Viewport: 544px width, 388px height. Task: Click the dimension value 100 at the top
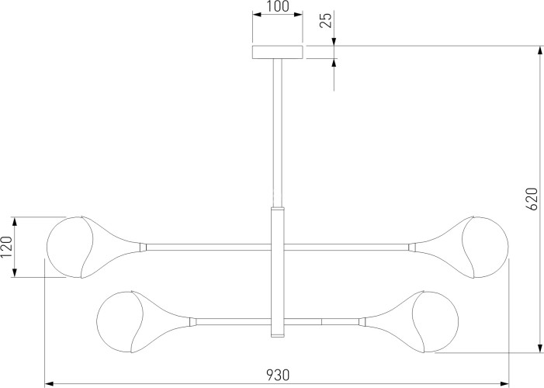click(x=278, y=6)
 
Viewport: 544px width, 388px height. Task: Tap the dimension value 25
click(x=326, y=19)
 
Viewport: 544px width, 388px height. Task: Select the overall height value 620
click(x=532, y=199)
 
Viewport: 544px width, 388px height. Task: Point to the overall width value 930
click(x=278, y=375)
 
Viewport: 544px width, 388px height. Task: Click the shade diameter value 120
click(x=6, y=247)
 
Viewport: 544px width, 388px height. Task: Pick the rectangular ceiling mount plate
click(x=278, y=52)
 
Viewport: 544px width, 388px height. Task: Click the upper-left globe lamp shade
click(x=70, y=247)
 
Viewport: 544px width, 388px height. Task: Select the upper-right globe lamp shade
click(x=485, y=247)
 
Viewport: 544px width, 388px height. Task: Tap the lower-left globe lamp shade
click(x=120, y=322)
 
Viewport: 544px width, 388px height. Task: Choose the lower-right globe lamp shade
click(x=435, y=322)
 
